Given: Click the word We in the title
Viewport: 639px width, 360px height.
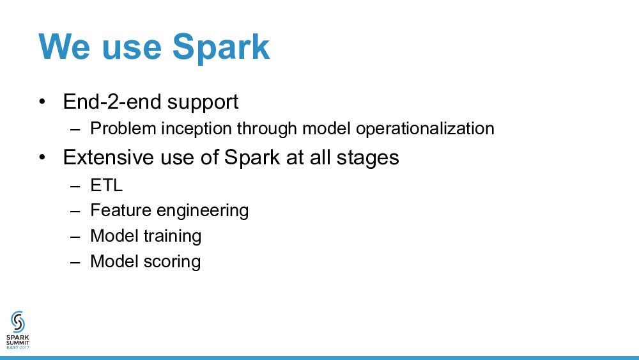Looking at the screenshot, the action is coord(64,47).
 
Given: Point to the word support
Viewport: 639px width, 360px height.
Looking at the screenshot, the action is coord(203,103).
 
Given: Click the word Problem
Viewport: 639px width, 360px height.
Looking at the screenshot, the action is coord(123,129).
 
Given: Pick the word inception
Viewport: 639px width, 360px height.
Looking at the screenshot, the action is coord(196,129).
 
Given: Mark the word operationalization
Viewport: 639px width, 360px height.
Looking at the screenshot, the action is coord(425,129).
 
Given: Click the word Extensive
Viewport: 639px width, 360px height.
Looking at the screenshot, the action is coord(109,157).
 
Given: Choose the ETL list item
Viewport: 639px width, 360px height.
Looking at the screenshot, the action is coord(106,185).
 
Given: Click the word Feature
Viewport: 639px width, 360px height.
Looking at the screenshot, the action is coord(121,210).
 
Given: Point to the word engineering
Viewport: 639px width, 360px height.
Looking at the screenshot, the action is coord(203,212).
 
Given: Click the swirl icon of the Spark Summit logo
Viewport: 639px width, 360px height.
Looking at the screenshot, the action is coord(18,322).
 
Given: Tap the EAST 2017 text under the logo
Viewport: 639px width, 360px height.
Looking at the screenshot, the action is coord(18,347).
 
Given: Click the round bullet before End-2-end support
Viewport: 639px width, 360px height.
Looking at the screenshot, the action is coord(42,102).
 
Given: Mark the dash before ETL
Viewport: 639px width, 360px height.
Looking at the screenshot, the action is coord(75,186).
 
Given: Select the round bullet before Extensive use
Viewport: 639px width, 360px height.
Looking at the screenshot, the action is coord(42,157).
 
